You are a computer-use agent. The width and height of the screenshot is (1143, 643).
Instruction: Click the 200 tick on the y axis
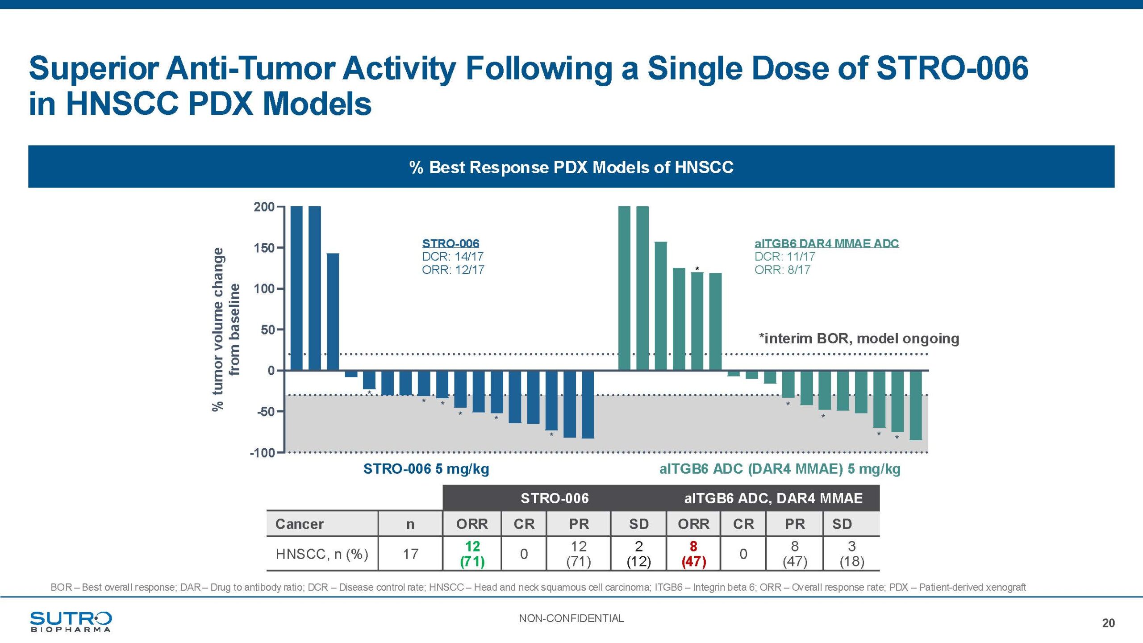tap(264, 207)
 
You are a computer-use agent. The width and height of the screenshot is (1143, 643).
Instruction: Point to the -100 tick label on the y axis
tap(262, 453)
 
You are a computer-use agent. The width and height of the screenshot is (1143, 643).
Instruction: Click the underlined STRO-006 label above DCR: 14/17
tap(451, 243)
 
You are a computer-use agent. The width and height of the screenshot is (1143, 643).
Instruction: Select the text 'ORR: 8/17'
tap(782, 270)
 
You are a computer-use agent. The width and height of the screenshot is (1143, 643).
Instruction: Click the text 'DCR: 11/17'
tap(784, 257)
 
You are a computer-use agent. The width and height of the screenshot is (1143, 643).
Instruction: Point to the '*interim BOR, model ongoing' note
tap(859, 338)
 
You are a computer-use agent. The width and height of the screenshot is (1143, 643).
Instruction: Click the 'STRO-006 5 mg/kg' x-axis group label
tap(426, 469)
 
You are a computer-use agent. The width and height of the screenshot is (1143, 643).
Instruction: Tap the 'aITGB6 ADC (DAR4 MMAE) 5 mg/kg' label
tap(780, 469)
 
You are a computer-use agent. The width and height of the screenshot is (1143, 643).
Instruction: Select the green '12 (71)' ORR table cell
tap(472, 554)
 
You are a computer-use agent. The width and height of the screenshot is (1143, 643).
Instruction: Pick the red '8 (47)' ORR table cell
tap(693, 554)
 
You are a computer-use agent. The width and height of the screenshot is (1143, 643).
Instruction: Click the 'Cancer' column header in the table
tap(299, 524)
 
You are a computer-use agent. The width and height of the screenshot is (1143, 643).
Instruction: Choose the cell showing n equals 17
tap(410, 554)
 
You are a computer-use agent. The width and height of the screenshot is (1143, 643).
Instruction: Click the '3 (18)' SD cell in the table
tap(851, 554)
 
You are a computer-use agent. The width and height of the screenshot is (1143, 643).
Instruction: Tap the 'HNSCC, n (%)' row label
tap(321, 554)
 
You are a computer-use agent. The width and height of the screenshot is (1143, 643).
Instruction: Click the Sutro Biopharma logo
tap(71, 621)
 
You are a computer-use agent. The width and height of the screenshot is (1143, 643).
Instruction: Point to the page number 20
tap(1108, 623)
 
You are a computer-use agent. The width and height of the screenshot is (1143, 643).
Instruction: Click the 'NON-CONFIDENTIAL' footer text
tap(571, 618)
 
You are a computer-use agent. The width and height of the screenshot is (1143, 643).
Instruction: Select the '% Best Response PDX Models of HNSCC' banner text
tap(571, 167)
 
